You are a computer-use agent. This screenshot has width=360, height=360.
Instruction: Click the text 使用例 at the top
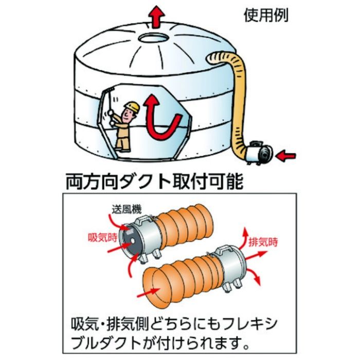(x=265, y=15)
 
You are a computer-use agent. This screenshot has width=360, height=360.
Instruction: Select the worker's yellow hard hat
(x=133, y=106)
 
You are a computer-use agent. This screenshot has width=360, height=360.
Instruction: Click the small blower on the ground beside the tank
(x=257, y=153)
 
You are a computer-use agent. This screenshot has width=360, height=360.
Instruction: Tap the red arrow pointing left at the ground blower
(x=286, y=154)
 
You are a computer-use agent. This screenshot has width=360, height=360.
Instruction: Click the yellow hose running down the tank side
(x=238, y=98)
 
